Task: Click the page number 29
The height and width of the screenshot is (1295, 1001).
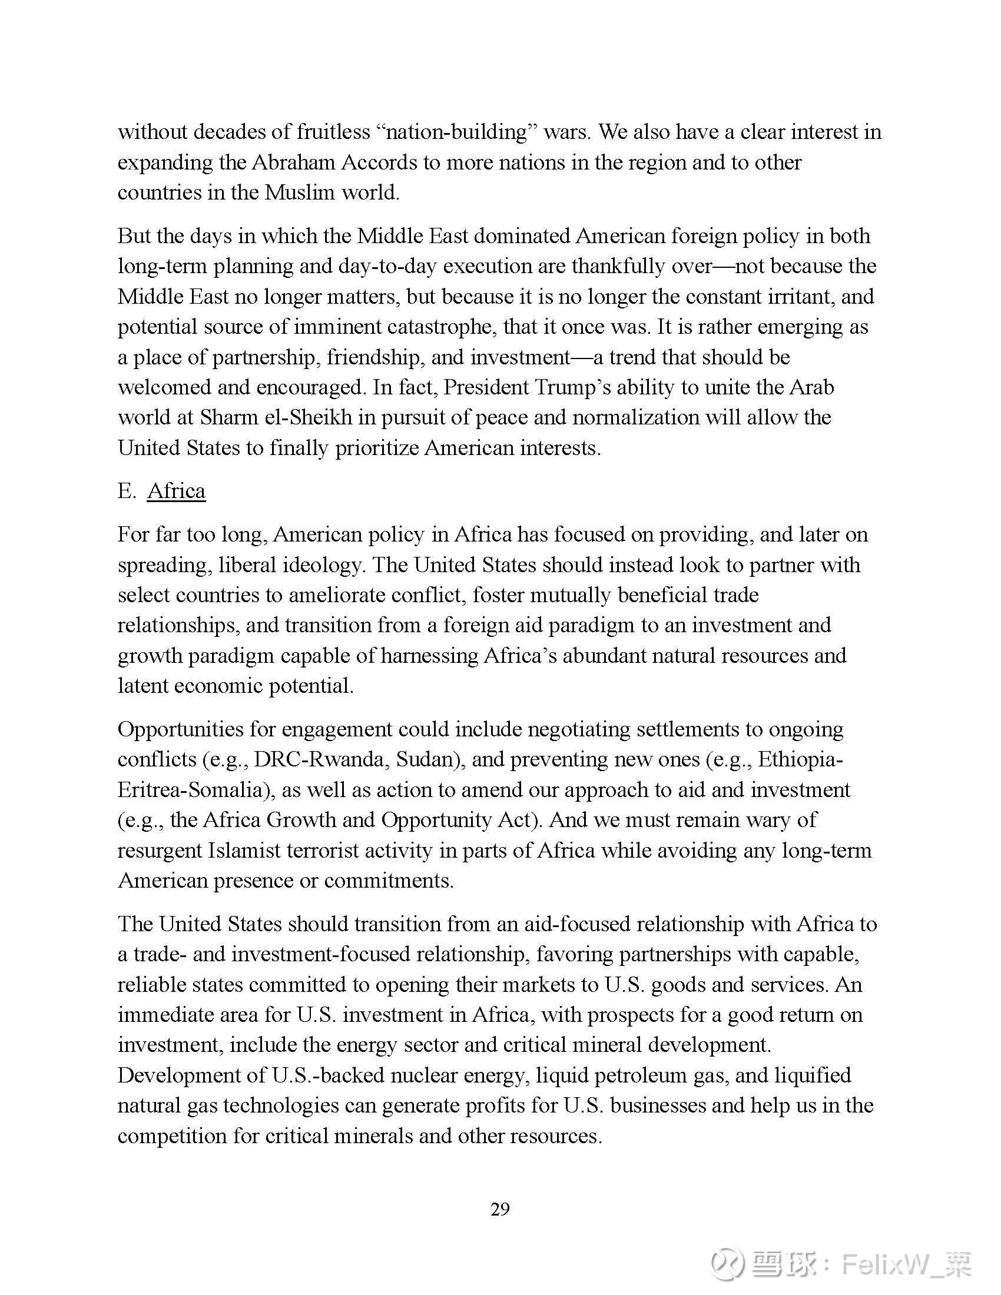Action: pos(500,1209)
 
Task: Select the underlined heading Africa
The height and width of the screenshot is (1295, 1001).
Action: pos(176,491)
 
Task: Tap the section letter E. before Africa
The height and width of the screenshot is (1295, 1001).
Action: pos(127,491)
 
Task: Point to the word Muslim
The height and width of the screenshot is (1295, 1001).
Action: pos(300,192)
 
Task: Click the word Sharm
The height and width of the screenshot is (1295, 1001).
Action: pos(224,417)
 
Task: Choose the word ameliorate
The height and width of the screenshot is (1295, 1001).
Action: pos(324,595)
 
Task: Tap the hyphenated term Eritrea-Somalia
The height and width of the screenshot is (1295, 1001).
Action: pos(195,790)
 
